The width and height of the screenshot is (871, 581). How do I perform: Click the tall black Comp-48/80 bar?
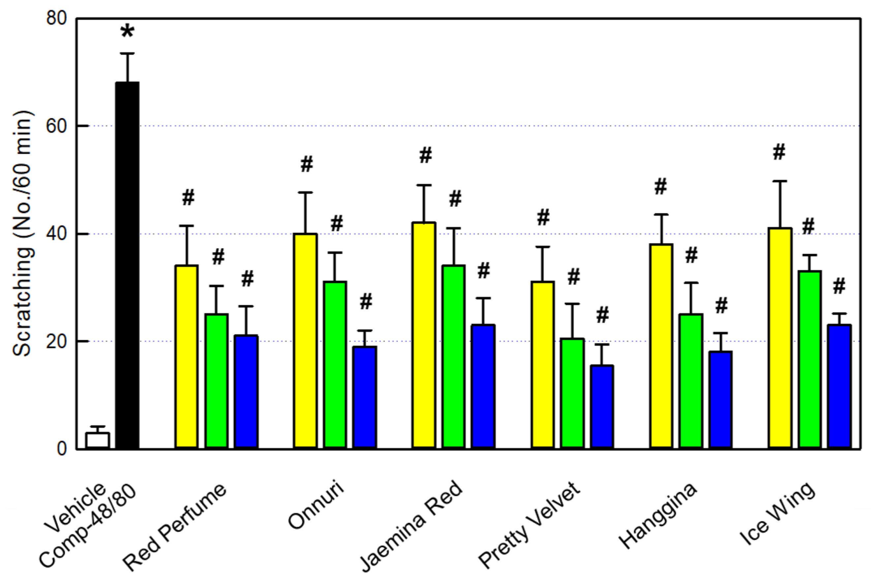click(127, 265)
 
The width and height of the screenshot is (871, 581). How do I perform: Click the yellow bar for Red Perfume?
click(187, 357)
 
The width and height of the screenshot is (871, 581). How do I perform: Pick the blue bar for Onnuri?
click(365, 397)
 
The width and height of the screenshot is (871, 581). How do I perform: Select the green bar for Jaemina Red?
click(454, 357)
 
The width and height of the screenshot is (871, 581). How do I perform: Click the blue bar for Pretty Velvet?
click(602, 406)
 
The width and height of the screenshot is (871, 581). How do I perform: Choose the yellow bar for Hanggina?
click(661, 346)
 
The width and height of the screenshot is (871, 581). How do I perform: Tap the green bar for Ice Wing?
click(810, 359)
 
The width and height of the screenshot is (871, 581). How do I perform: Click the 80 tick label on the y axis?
click(56, 18)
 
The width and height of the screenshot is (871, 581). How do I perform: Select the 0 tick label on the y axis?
click(61, 449)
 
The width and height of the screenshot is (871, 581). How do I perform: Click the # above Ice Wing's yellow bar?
click(779, 152)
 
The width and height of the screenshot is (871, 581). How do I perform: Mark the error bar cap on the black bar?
click(127, 54)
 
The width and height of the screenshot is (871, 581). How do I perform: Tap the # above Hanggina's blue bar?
click(721, 306)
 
